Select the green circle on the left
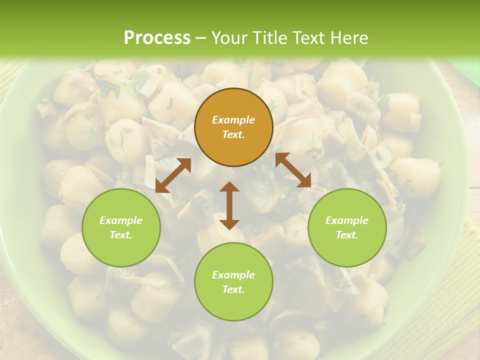(x=121, y=227)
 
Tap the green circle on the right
(x=347, y=227)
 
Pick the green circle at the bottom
(x=233, y=281)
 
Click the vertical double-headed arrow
(x=229, y=205)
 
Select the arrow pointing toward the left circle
(x=173, y=175)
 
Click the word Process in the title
(x=157, y=37)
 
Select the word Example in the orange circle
(x=233, y=120)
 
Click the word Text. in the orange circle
(x=233, y=134)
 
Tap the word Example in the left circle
(x=121, y=220)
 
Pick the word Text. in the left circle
(x=121, y=235)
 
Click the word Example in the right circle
(x=347, y=220)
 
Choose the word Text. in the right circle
(x=347, y=235)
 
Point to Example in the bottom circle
(x=233, y=275)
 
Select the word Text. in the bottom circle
(x=233, y=289)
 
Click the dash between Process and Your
(x=201, y=38)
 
